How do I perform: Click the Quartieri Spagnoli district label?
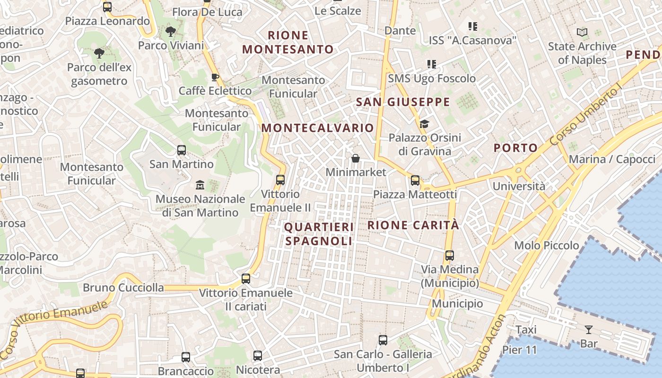click(319, 234)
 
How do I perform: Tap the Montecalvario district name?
click(318, 128)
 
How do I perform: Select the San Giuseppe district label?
click(403, 102)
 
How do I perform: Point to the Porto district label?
click(516, 148)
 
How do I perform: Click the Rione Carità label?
click(413, 225)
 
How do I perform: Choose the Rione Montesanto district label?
click(288, 42)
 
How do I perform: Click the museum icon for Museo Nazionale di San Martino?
click(200, 185)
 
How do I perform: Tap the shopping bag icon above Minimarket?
click(356, 158)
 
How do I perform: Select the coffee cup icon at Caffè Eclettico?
click(215, 77)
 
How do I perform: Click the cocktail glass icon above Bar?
click(589, 329)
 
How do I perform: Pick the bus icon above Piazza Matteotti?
click(415, 180)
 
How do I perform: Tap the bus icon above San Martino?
click(182, 150)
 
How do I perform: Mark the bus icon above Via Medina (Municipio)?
click(450, 256)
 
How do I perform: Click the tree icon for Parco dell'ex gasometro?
click(99, 53)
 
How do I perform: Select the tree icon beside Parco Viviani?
click(171, 32)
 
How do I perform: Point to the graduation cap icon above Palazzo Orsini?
click(424, 124)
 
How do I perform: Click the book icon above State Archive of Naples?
click(582, 33)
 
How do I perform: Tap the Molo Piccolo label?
click(547, 245)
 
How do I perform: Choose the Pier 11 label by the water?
click(520, 350)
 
